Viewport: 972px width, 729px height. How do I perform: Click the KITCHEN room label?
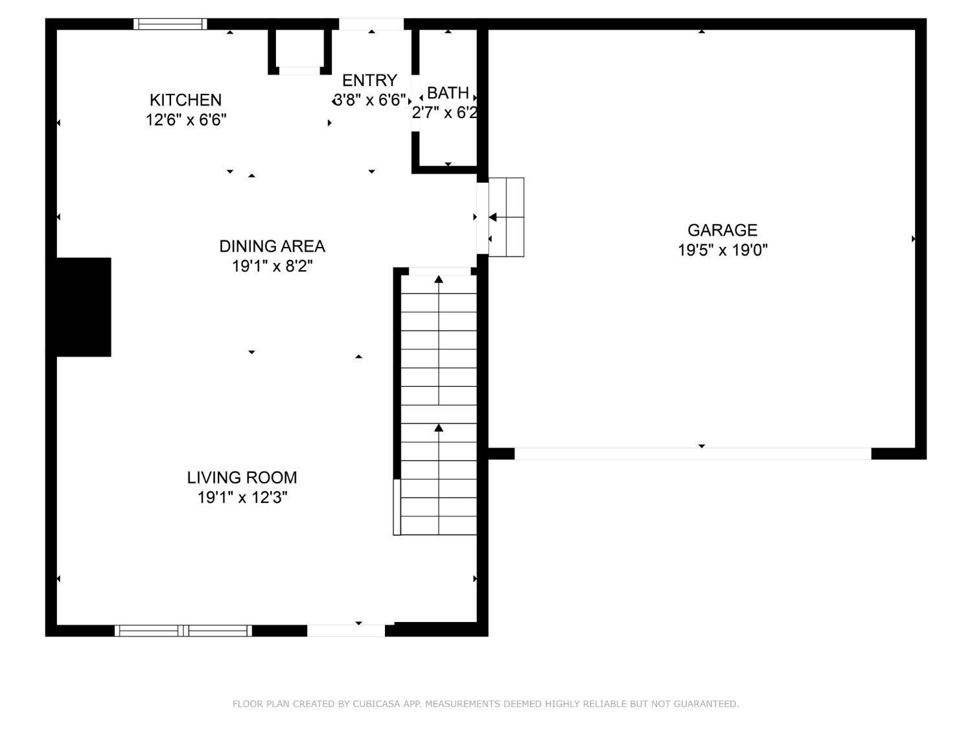click(x=185, y=100)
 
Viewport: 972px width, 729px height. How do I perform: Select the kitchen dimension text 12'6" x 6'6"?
click(x=186, y=120)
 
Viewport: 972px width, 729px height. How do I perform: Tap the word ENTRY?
click(x=369, y=80)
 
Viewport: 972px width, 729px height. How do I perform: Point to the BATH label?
click(x=448, y=93)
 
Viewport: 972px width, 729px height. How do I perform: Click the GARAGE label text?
click(x=722, y=230)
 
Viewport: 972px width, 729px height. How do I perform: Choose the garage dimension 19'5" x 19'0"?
click(x=723, y=250)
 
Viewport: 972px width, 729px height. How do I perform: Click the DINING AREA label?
click(x=272, y=246)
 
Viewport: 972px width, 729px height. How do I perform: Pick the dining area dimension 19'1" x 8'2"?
click(x=272, y=266)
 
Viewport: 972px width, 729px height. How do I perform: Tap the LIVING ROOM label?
click(x=242, y=478)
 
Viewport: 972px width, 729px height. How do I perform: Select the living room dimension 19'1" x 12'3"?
click(x=242, y=498)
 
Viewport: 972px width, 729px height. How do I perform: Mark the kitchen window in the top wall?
click(x=170, y=24)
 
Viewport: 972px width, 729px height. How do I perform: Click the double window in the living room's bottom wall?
click(x=183, y=631)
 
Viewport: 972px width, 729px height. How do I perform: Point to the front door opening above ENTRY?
click(x=371, y=24)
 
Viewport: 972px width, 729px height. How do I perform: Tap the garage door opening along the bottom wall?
click(x=692, y=454)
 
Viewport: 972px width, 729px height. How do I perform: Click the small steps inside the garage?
click(x=506, y=217)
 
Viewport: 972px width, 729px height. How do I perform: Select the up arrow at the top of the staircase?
click(x=439, y=279)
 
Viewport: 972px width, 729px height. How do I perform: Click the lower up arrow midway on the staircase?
click(x=439, y=428)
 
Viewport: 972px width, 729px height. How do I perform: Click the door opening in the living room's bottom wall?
click(x=346, y=631)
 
